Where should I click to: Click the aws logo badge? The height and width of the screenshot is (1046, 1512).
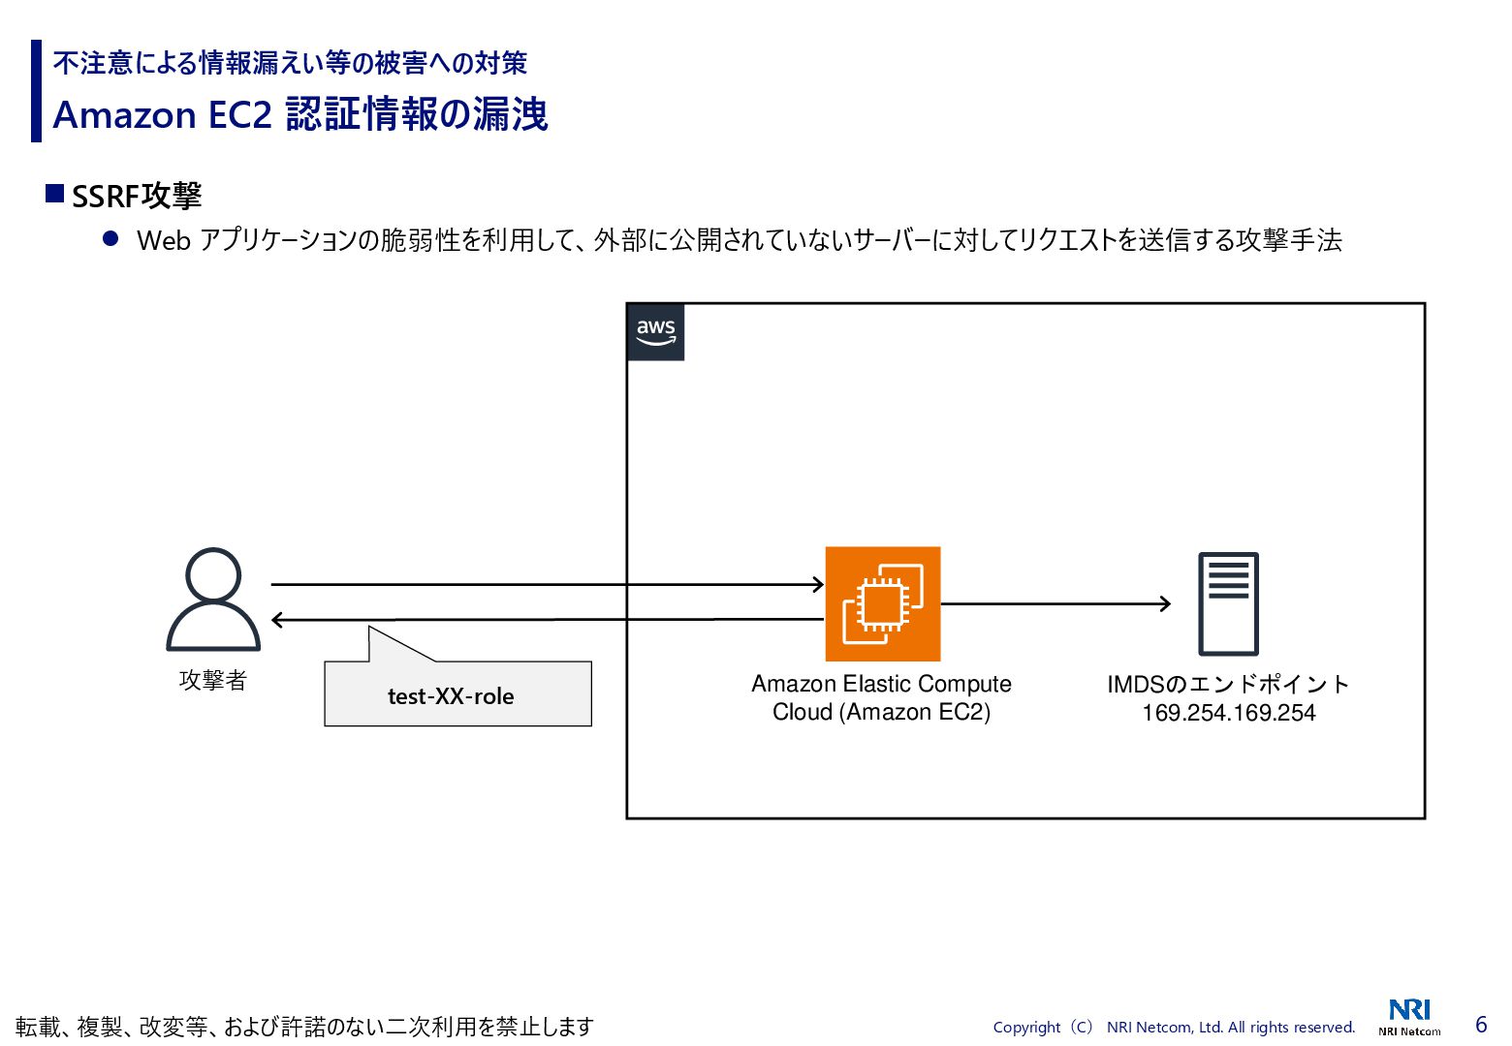(655, 332)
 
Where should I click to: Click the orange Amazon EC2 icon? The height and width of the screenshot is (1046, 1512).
(882, 603)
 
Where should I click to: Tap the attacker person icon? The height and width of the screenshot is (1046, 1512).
(213, 600)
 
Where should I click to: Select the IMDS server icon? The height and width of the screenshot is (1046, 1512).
(1228, 603)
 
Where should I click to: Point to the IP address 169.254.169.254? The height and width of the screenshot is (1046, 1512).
(1228, 713)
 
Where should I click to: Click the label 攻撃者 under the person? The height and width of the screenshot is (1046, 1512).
(213, 680)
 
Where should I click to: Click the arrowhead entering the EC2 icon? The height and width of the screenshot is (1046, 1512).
(818, 584)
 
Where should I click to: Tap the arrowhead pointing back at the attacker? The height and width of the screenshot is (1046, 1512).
(278, 620)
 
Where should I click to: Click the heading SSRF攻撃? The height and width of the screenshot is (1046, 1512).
(137, 196)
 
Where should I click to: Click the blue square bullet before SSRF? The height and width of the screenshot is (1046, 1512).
(55, 194)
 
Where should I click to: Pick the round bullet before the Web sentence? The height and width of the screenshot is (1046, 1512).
(110, 238)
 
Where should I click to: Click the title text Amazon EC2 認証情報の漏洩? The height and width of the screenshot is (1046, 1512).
(300, 114)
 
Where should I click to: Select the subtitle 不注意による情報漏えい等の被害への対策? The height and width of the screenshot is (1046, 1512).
(290, 63)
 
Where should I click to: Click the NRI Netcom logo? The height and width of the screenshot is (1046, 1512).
(1409, 1016)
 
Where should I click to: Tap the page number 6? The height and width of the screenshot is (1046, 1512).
(1480, 1025)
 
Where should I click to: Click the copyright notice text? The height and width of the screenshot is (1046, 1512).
(1174, 1027)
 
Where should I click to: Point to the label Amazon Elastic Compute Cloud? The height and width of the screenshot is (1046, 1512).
(881, 697)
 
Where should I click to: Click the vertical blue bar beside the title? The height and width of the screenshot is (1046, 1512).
(36, 91)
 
